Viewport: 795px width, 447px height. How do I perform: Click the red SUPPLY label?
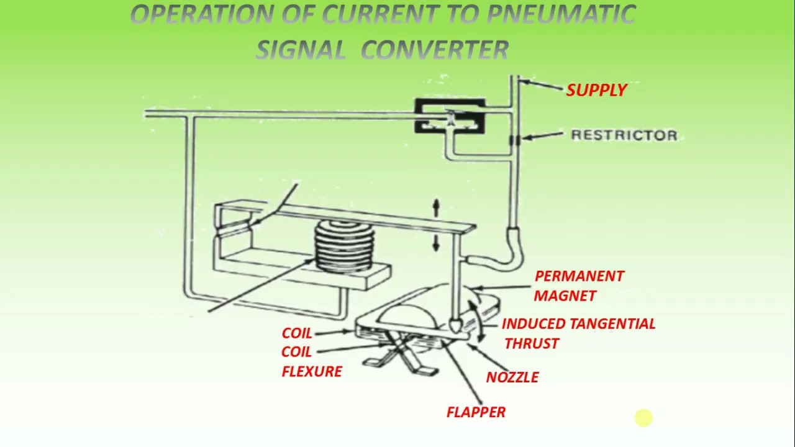point(596,90)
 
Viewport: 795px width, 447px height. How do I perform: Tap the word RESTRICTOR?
point(624,135)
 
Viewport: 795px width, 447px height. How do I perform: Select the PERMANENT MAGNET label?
point(578,286)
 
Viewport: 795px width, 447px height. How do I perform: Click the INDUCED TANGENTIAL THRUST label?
point(578,333)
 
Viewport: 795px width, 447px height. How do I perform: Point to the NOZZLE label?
point(512,377)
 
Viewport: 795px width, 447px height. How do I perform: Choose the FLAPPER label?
point(476,412)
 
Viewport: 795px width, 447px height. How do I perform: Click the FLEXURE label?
point(312,371)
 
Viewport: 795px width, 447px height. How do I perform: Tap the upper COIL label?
point(297,333)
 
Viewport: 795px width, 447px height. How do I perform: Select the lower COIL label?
point(297,352)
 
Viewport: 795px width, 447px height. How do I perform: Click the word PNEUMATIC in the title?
point(561,14)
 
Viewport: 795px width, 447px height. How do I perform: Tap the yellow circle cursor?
point(643,418)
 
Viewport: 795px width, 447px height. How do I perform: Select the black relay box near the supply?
point(450,116)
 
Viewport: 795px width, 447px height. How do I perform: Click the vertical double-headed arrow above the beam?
point(436,225)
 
